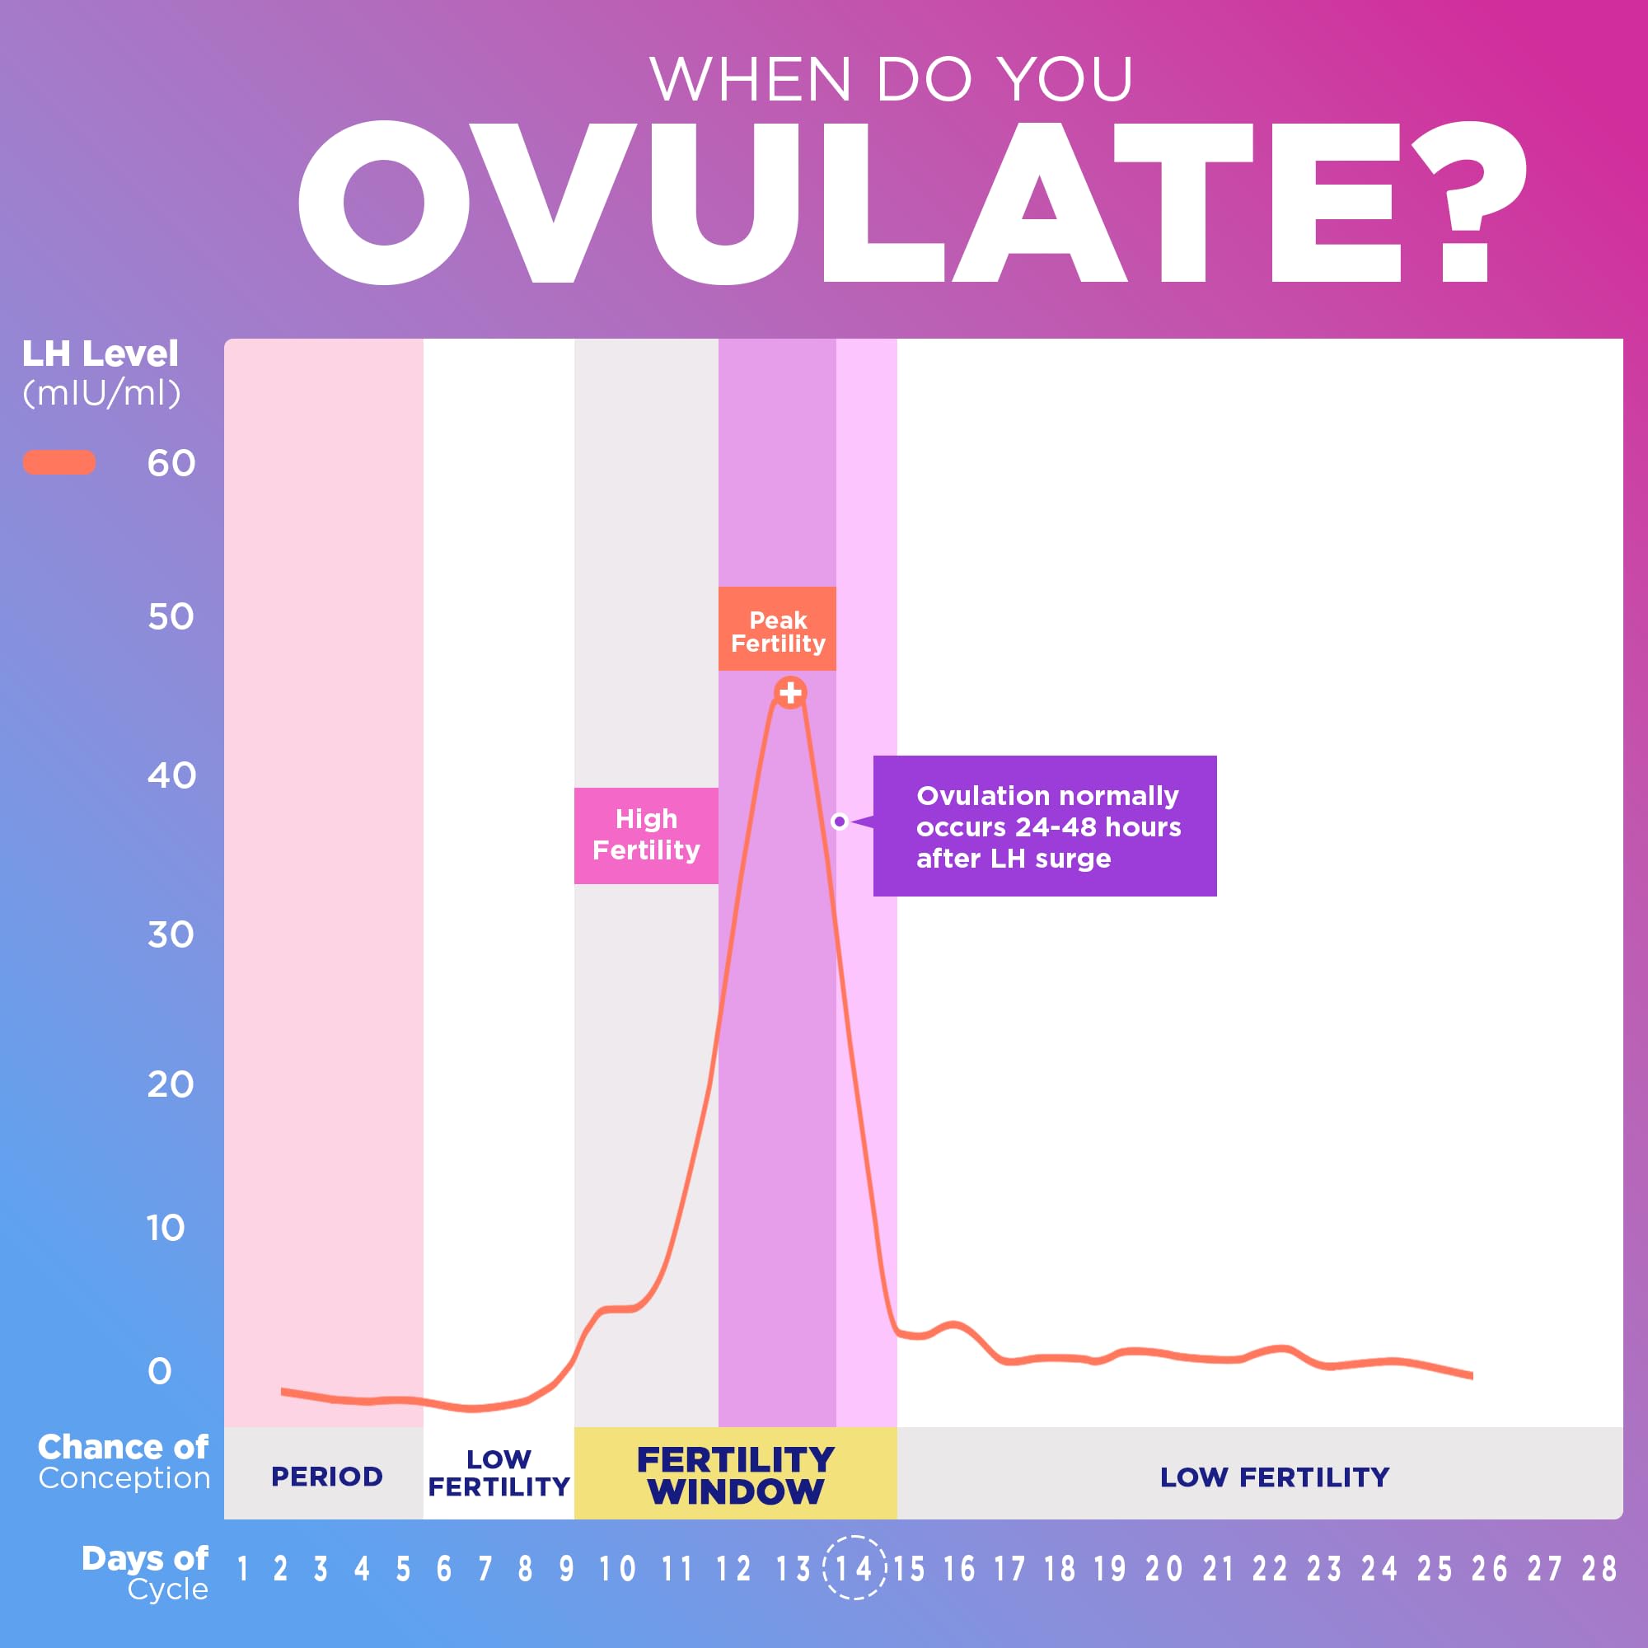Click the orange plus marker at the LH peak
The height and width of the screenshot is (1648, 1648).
point(791,693)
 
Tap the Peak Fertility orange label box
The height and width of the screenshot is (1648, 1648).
point(777,630)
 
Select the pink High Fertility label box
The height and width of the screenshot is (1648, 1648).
point(646,835)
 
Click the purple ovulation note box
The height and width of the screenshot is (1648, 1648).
point(1045,826)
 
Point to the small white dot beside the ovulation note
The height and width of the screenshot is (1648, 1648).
point(840,822)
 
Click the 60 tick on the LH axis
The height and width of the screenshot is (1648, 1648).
point(171,463)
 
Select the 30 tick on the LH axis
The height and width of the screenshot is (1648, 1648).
point(171,935)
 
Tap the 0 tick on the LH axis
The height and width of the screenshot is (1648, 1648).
point(160,1372)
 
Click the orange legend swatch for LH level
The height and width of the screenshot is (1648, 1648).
point(59,462)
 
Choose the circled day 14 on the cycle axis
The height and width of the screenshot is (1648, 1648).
point(854,1568)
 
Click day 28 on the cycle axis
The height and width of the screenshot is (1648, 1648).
point(1599,1569)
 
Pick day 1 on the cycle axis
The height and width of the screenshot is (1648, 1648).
point(243,1569)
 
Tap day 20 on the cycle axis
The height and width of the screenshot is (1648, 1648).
point(1163,1569)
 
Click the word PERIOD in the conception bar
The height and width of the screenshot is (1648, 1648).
point(326,1477)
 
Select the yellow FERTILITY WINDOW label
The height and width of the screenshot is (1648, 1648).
point(735,1476)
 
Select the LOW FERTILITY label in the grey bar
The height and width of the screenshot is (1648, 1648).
point(1275,1477)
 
